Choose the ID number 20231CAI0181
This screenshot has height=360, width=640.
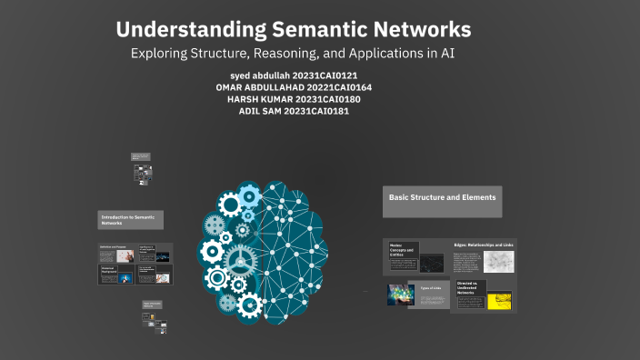click(x=317, y=111)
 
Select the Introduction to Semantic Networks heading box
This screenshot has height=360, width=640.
click(x=132, y=219)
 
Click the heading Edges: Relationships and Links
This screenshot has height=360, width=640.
click(x=484, y=245)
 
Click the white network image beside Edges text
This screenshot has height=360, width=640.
click(x=498, y=262)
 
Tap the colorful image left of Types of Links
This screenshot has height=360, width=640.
click(x=401, y=295)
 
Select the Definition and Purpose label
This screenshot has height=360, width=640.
click(x=113, y=247)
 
